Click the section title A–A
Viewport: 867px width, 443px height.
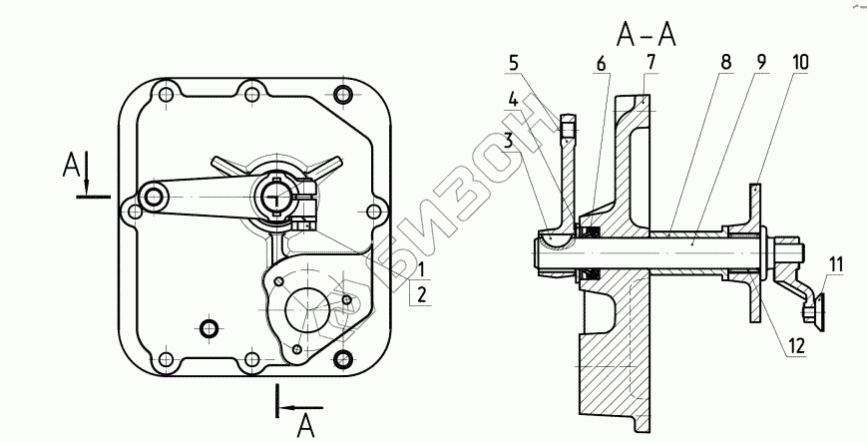pos(646,36)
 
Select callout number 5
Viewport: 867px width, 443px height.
pos(514,63)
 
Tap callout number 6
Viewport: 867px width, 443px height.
pos(601,64)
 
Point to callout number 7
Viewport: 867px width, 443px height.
pos(650,63)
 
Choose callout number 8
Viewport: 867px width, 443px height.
pos(726,62)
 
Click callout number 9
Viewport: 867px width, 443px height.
pos(761,62)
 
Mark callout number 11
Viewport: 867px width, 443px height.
pos(836,265)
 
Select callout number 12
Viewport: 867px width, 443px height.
pos(796,345)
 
